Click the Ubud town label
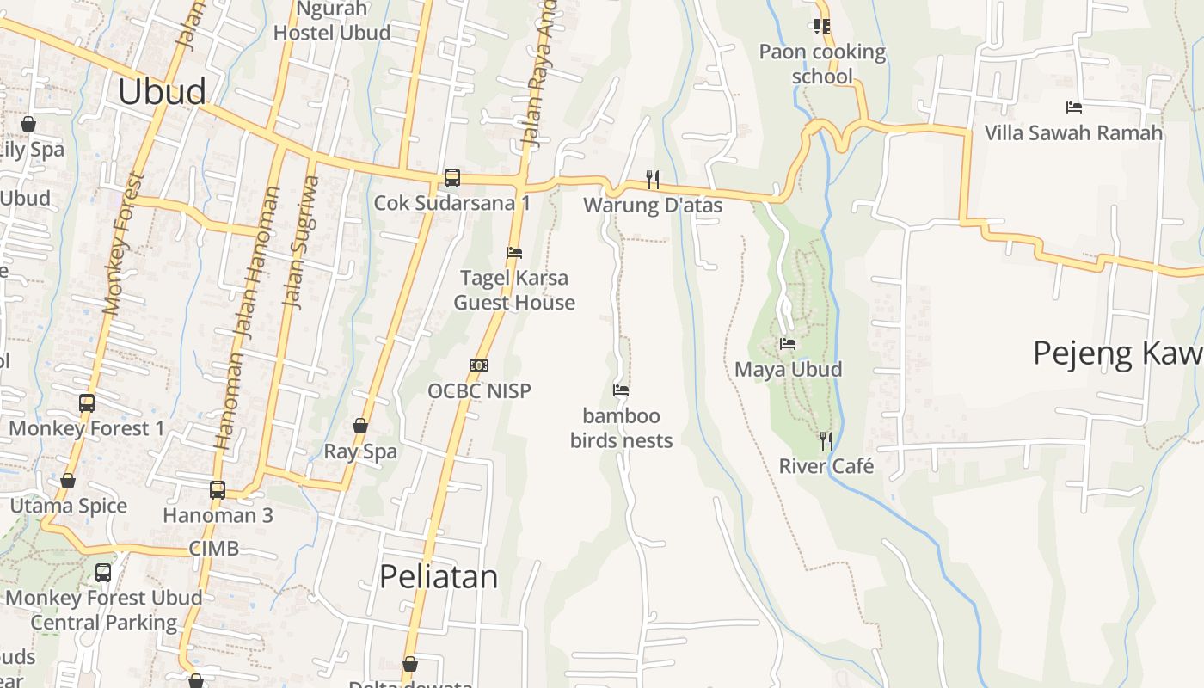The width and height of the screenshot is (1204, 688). [x=162, y=91]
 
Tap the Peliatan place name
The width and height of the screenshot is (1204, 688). [x=439, y=576]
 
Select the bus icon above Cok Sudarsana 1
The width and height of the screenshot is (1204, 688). [x=452, y=178]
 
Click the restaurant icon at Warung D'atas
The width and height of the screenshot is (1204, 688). [x=654, y=180]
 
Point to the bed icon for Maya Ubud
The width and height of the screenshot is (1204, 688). [x=788, y=344]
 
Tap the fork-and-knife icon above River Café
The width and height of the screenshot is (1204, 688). [x=826, y=441]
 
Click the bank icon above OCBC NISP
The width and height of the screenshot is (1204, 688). [x=479, y=365]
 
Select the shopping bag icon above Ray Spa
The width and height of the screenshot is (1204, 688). [x=360, y=426]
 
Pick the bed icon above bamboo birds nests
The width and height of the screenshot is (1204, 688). [x=621, y=390]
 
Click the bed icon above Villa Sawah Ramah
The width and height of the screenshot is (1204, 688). [x=1073, y=107]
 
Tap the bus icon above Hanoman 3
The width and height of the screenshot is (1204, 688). [x=218, y=490]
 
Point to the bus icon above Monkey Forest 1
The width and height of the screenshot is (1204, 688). [x=87, y=402]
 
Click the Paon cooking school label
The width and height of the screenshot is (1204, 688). [x=822, y=64]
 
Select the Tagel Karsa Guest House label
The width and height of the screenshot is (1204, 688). [x=514, y=290]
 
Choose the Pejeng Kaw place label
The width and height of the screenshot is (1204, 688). [x=1117, y=353]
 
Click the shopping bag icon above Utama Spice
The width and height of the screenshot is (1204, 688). [x=68, y=481]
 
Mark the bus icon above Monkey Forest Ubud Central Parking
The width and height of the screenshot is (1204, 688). [x=103, y=572]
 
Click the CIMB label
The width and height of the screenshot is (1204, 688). [x=214, y=548]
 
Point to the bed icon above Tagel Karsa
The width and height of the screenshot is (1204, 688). [x=514, y=253]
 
